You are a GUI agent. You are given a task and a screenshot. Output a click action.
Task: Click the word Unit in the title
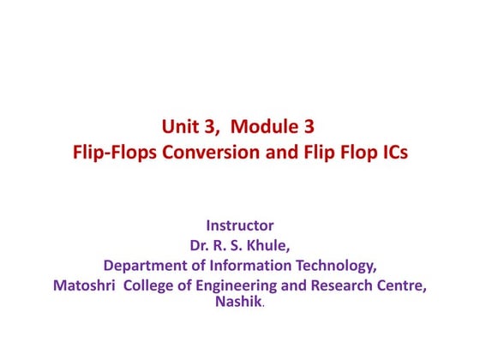pyautogui.click(x=178, y=129)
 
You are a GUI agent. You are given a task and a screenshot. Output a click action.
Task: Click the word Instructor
pyautogui.click(x=240, y=226)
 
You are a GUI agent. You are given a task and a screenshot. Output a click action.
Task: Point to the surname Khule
pyautogui.click(x=266, y=246)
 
